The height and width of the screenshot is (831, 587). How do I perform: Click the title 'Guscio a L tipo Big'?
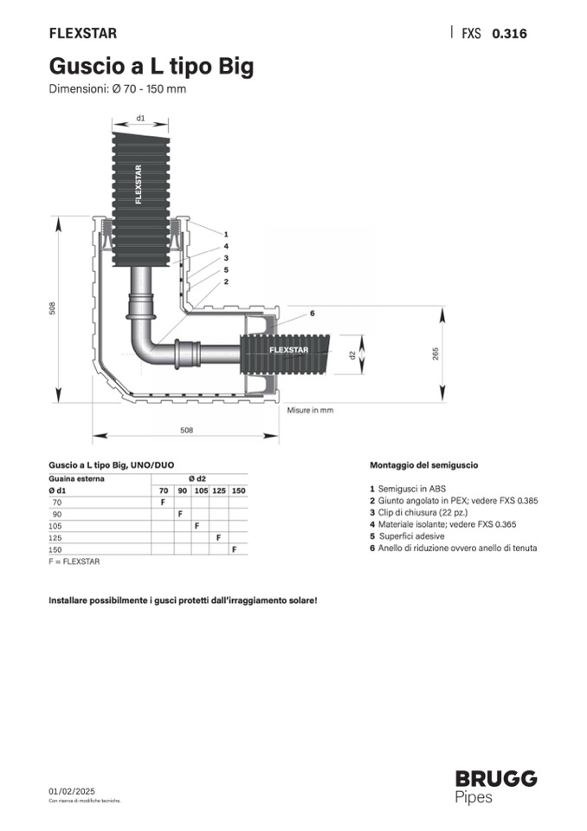(x=152, y=66)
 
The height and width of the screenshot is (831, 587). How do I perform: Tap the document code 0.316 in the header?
(x=509, y=34)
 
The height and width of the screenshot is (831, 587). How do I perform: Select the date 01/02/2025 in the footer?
(x=73, y=792)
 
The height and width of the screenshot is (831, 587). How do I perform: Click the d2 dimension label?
(x=352, y=354)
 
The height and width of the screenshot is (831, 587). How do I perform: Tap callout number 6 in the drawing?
(x=312, y=312)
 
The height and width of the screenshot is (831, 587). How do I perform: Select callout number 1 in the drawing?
(x=225, y=234)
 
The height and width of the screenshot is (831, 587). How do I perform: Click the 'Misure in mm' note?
(x=310, y=410)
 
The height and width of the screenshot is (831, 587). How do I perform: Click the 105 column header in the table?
(x=201, y=491)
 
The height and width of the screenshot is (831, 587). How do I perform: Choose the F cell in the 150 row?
(x=234, y=549)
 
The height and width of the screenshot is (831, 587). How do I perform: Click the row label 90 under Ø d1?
(x=57, y=514)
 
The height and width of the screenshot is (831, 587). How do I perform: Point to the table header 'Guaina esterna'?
(x=76, y=478)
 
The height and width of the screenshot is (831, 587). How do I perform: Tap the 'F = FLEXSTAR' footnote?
(x=74, y=562)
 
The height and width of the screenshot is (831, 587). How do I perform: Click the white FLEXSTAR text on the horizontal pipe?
(x=289, y=349)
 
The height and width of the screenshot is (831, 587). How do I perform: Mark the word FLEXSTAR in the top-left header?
(x=83, y=34)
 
